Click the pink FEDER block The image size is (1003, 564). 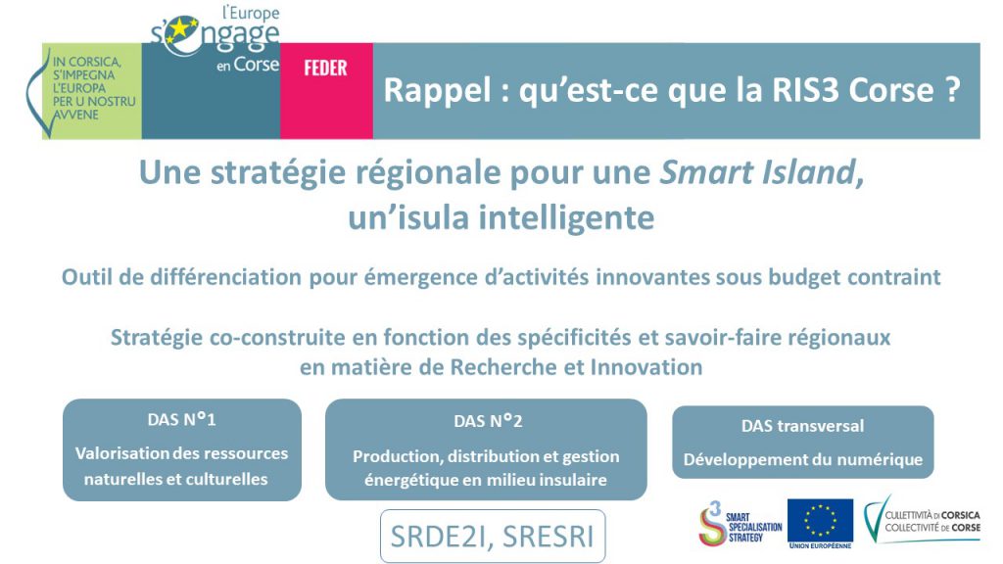326,91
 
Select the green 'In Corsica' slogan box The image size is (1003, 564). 91,91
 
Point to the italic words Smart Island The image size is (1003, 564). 761,172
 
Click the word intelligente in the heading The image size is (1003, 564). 567,217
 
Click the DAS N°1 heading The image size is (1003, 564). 181,419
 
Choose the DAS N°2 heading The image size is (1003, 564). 488,421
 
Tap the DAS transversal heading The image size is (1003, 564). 803,426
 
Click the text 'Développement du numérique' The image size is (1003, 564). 803,459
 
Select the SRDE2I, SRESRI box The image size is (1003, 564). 493,537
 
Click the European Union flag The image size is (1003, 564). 820,521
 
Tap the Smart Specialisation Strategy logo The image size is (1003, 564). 740,524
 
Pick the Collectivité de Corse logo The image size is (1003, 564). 922,519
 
